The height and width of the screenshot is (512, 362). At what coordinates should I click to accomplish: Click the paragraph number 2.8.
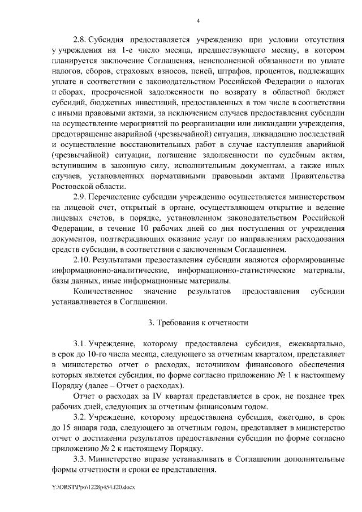[79, 40]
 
